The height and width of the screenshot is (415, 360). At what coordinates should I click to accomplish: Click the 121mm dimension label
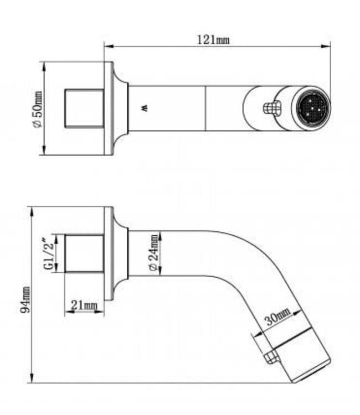(x=213, y=40)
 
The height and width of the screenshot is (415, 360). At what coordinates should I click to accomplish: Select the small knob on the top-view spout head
(x=270, y=107)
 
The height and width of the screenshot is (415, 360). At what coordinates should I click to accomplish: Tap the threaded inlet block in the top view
(x=84, y=108)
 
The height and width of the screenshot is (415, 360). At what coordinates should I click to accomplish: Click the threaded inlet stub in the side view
(x=84, y=253)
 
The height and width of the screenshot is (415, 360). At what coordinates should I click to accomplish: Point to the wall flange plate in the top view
(x=109, y=108)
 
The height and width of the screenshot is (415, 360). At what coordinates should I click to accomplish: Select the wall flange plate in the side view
(x=109, y=253)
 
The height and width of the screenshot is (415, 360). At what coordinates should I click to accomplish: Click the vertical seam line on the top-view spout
(x=205, y=108)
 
